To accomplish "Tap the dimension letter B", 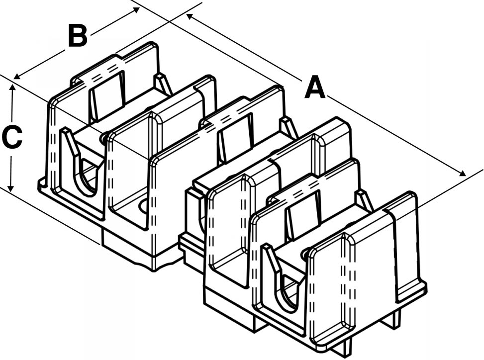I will tap(78, 36).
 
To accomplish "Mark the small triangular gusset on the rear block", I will tap(163, 83).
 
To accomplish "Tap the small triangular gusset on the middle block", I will tap(289, 127).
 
